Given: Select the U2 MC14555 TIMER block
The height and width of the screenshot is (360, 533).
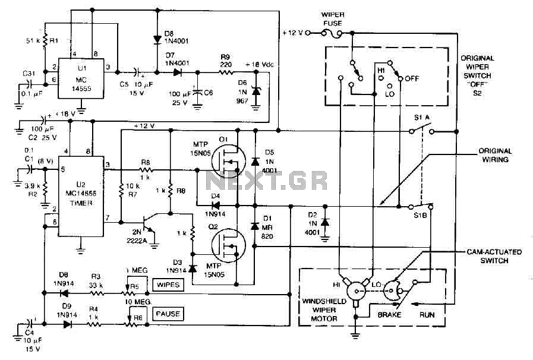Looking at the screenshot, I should pyautogui.click(x=81, y=195).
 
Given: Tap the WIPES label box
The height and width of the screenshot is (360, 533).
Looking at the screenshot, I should pyautogui.click(x=166, y=285).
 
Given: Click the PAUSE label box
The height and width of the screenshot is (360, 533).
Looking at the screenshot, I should pyautogui.click(x=166, y=312).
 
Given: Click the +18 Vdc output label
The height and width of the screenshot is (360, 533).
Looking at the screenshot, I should pyautogui.click(x=260, y=64).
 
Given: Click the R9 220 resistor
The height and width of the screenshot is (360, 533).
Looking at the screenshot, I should pyautogui.click(x=226, y=72).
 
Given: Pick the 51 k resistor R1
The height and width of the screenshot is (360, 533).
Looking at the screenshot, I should pyautogui.click(x=45, y=42).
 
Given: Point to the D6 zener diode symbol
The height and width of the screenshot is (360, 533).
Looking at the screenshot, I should pyautogui.click(x=256, y=91).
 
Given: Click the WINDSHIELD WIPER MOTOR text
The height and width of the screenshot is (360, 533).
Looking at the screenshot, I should pyautogui.click(x=324, y=310).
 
